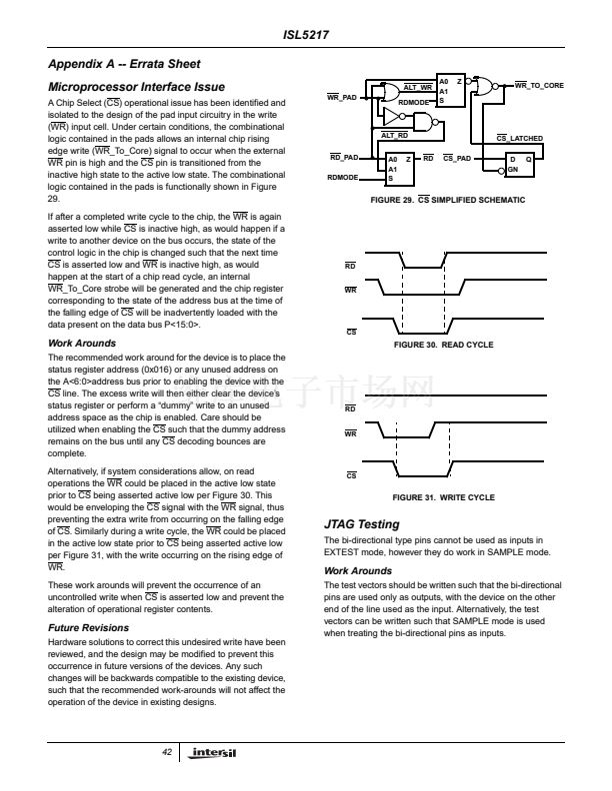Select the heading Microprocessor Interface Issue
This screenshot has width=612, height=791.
pos(136,88)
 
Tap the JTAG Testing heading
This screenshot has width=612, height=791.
pos(361,524)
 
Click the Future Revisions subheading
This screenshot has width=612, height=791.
pos(88,628)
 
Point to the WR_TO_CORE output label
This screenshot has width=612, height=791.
pos(539,86)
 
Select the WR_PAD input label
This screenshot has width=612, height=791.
pos(342,98)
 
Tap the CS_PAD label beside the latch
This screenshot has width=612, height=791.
pos(456,158)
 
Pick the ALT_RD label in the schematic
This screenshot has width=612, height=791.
pos(395,135)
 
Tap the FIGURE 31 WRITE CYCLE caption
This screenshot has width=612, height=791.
pos(443,496)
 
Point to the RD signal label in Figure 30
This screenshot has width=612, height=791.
pos(350,267)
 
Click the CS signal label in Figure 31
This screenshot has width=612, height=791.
pos(351,475)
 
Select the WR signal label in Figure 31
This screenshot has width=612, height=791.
pos(350,434)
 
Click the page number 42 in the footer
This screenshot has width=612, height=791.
pos(167,752)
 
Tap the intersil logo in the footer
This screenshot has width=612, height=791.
pos(205,753)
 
